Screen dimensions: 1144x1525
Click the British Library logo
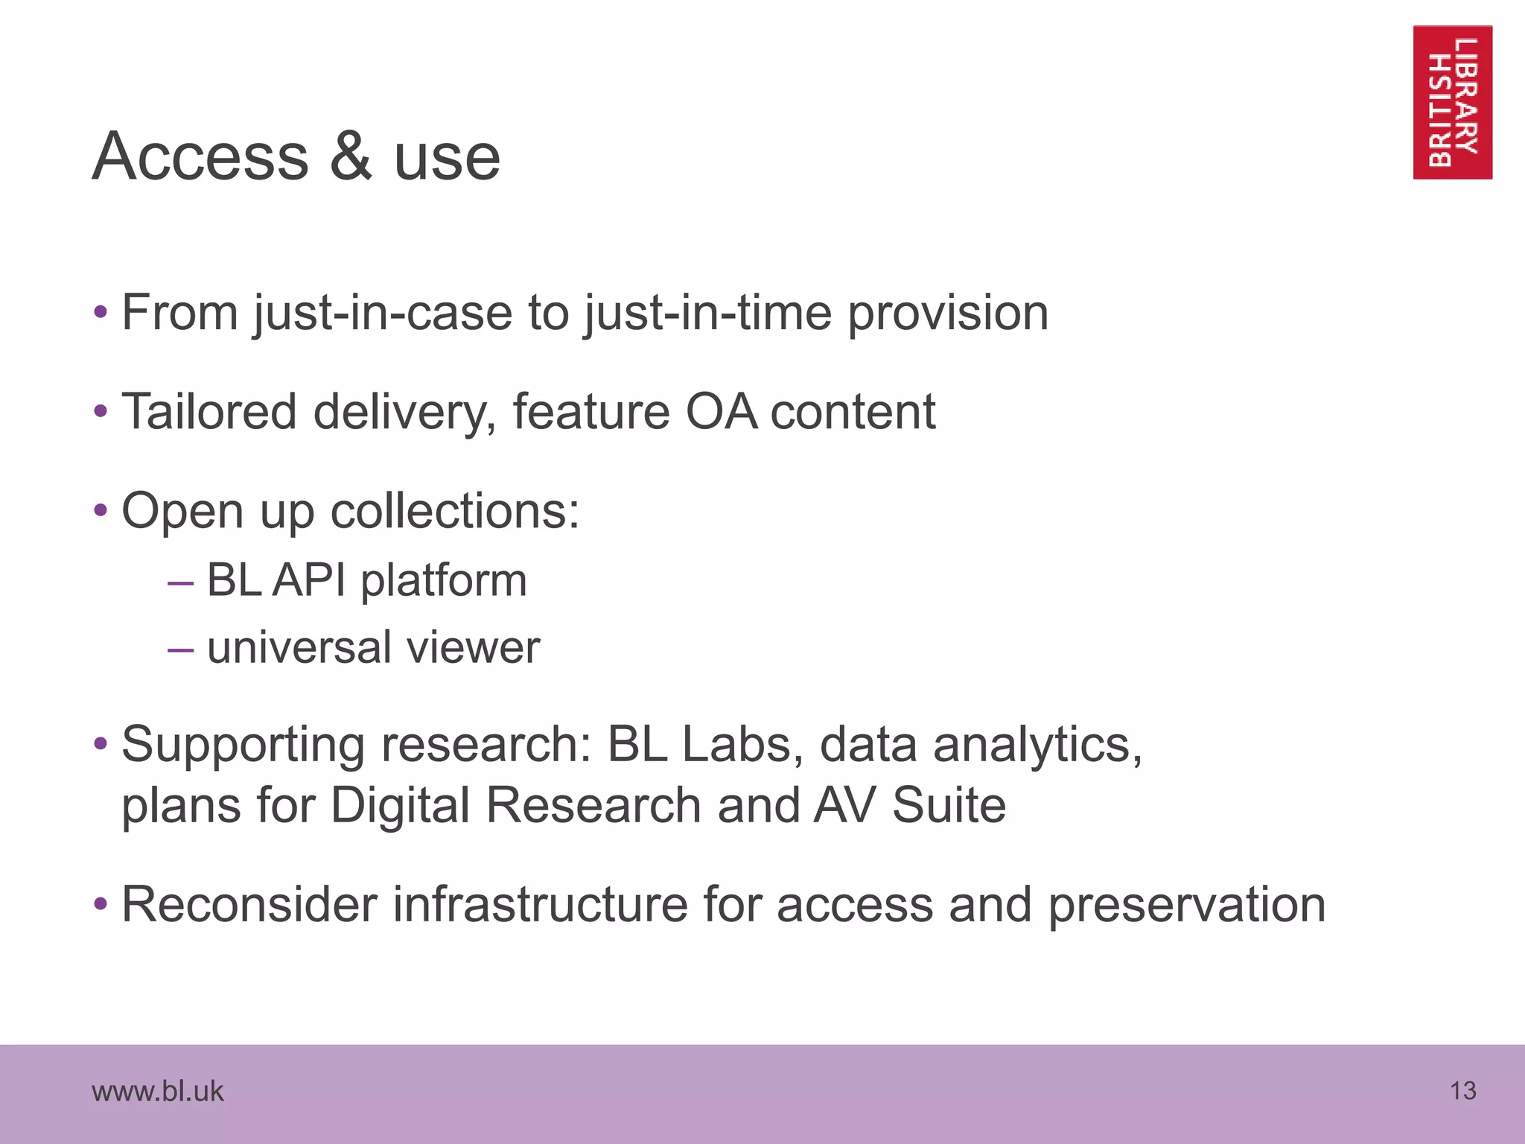coord(1452,102)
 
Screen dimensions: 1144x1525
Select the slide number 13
coord(1462,1091)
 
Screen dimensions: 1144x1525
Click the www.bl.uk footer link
coord(157,1091)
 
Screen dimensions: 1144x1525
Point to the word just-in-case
coord(383,314)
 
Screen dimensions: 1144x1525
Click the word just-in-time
coord(708,314)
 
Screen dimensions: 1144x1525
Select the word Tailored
coord(208,412)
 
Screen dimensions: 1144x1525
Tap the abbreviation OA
coord(721,412)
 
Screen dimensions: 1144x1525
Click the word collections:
coord(454,512)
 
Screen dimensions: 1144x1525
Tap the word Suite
coord(949,806)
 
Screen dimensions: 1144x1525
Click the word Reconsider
coord(249,905)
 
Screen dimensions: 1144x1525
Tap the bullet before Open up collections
coord(101,512)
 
